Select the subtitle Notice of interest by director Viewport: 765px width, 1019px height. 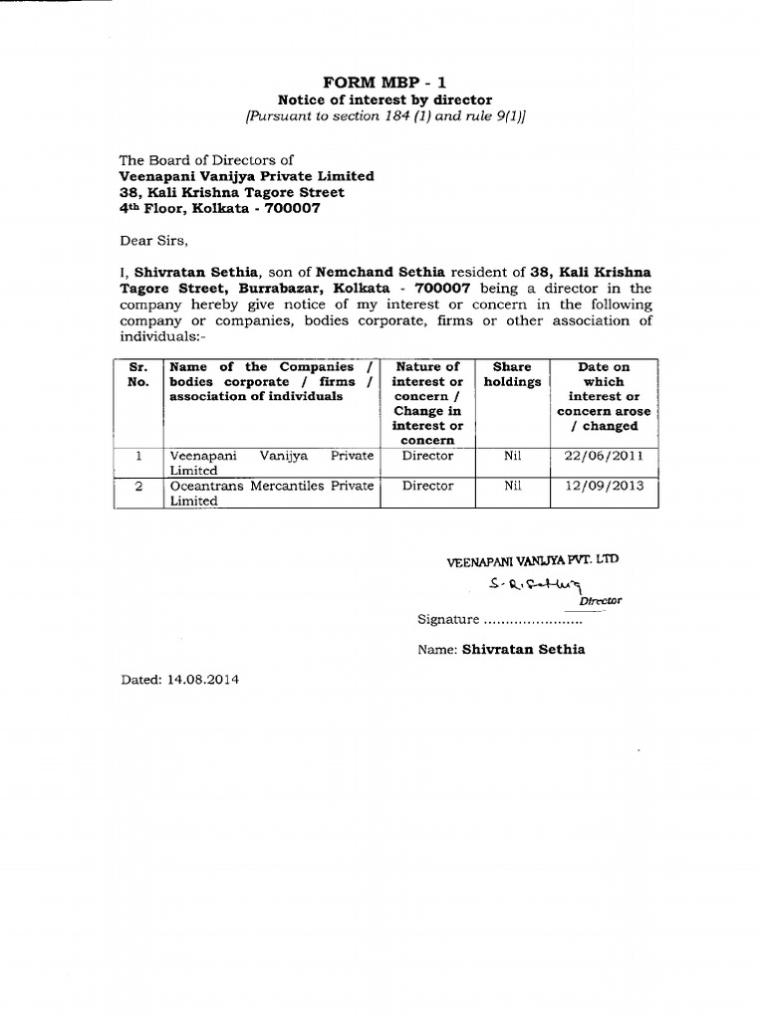[383, 100]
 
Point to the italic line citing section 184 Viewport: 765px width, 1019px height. [383, 116]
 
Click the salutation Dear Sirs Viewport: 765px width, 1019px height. [152, 240]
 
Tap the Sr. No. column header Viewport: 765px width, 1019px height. [138, 374]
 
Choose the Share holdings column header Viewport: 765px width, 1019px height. [512, 374]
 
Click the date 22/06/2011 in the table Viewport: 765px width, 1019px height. [603, 456]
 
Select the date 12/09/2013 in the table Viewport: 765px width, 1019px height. [603, 486]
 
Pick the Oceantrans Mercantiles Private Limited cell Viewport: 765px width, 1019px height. [271, 494]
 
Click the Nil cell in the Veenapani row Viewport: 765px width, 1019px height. [512, 456]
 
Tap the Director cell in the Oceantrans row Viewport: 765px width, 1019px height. [426, 486]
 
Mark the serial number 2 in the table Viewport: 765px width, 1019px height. [138, 486]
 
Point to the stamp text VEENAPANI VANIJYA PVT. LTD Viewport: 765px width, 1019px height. [532, 560]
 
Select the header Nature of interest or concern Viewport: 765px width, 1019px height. [426, 403]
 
